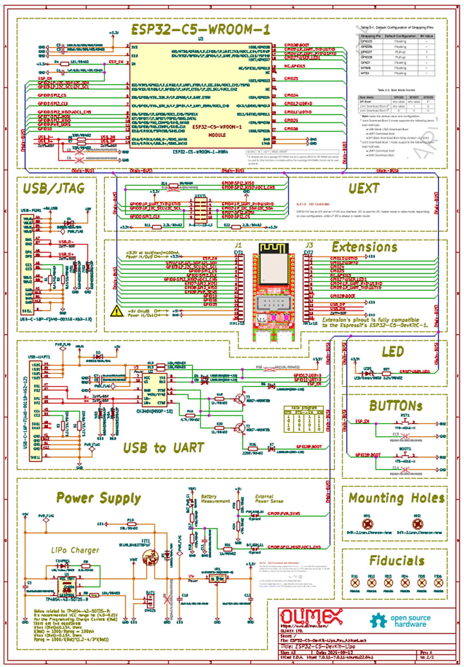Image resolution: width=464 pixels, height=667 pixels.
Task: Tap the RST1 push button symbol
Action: click(x=406, y=424)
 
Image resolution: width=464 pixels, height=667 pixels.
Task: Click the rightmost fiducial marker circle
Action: click(x=438, y=583)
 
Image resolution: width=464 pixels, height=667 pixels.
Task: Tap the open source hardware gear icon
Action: click(x=379, y=620)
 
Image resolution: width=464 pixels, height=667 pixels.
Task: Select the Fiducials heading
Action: click(x=396, y=560)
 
